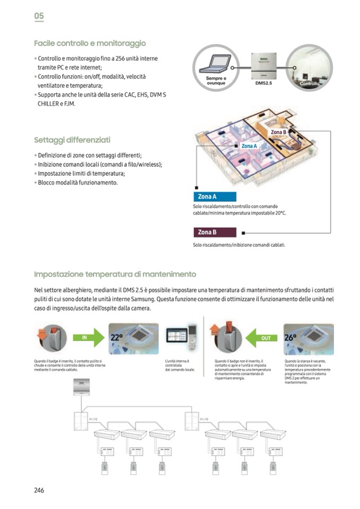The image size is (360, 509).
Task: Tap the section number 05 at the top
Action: coord(39,16)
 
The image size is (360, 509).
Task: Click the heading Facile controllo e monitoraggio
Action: coord(90,43)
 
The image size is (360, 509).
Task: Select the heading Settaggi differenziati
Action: coord(72,140)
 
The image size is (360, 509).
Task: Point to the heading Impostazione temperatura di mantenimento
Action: coord(115,274)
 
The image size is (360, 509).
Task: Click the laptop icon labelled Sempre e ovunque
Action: coord(216,68)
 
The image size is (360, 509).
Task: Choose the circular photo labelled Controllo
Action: coord(309,67)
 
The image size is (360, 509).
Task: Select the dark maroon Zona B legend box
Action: coord(214,232)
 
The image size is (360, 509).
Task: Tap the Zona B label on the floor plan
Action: coord(279,132)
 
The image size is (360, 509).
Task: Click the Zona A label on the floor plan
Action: coord(249,146)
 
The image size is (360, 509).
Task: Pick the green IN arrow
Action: coord(88,337)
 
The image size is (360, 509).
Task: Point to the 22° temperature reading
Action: coord(117,338)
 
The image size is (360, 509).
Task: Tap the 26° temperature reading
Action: coord(291,337)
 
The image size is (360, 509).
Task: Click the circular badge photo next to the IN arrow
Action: coord(53,337)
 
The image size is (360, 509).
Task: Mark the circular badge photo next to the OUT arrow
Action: coord(227,337)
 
